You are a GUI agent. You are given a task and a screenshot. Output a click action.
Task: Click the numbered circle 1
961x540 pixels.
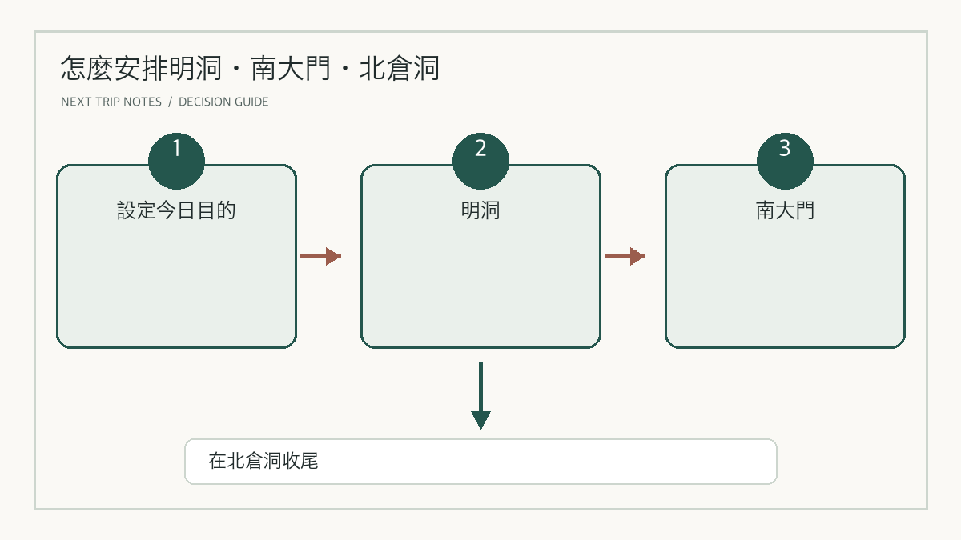coord(176,161)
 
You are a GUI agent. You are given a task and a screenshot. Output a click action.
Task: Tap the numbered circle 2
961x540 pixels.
coord(480,161)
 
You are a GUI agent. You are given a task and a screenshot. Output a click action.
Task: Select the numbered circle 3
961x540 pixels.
coord(785,161)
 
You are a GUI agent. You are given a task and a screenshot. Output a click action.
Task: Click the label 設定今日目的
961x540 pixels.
coord(176,210)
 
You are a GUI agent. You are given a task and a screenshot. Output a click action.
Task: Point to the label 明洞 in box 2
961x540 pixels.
coord(480,210)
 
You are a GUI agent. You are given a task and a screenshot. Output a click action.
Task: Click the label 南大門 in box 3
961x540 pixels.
coord(785,210)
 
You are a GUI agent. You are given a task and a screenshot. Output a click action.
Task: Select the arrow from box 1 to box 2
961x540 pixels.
coord(320,256)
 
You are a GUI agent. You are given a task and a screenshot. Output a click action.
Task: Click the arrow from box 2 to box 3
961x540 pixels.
coord(625,256)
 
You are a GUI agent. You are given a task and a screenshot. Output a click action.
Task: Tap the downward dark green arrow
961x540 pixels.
coord(480,395)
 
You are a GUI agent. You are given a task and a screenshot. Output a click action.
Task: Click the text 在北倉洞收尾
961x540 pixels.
coord(263,461)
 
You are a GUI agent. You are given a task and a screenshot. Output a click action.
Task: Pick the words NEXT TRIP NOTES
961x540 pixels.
coord(111,102)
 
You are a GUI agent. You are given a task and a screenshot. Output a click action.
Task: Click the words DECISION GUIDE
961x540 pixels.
coord(223,102)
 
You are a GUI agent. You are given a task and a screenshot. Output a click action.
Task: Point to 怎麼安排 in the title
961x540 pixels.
coord(114,69)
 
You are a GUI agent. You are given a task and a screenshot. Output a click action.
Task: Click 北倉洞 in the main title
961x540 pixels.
coord(400,69)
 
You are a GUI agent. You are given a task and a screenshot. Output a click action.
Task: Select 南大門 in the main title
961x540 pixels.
coord(291,69)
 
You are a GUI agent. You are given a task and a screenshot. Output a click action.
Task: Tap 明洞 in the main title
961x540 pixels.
coord(195,69)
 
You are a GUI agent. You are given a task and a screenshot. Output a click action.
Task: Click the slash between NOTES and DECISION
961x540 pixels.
coord(171,102)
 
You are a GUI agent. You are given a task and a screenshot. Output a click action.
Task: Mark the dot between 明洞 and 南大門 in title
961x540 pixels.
coord(236,69)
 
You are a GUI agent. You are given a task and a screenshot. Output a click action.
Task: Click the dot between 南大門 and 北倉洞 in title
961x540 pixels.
coord(345,69)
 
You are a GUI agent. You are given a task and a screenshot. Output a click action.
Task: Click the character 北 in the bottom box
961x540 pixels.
coord(235,461)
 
